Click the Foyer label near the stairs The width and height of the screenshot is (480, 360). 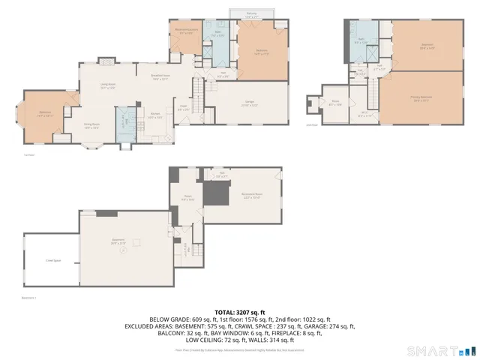182,107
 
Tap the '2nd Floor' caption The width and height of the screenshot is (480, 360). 310,125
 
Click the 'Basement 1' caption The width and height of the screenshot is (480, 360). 31,298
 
